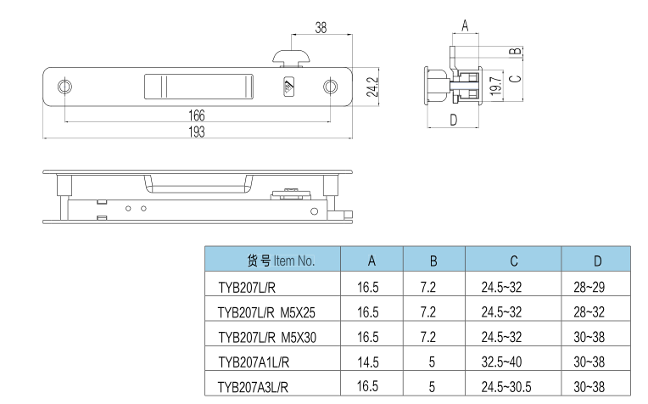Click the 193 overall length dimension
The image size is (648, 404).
(197, 131)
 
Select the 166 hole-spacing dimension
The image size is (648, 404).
(197, 115)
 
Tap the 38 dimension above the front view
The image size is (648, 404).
(321, 27)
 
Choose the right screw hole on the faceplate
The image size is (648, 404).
(330, 87)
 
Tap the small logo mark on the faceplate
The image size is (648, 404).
(288, 86)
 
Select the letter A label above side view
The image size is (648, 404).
(465, 25)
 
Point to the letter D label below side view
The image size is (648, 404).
(453, 120)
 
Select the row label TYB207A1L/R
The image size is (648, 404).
(254, 362)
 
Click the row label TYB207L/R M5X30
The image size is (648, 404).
(266, 336)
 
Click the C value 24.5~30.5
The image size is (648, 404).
(506, 387)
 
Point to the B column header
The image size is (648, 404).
(433, 260)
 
